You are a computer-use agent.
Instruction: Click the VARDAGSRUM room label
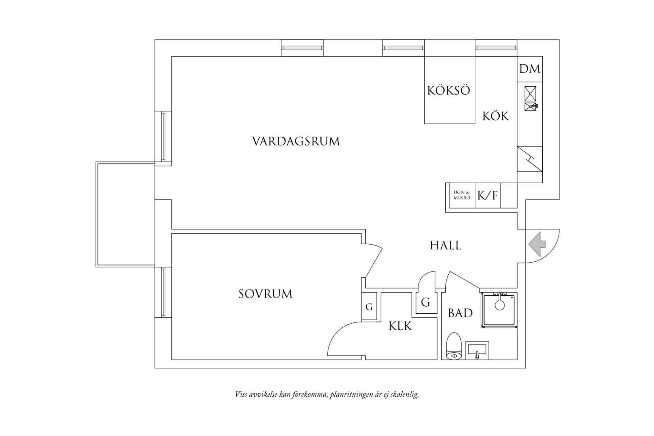click(x=296, y=141)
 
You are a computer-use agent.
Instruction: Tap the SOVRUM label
click(x=265, y=294)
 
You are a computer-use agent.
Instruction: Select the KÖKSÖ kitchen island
click(x=449, y=90)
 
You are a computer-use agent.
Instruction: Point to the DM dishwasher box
click(x=530, y=69)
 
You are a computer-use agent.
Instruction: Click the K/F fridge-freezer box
click(x=488, y=195)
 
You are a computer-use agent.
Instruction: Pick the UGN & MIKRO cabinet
click(x=462, y=195)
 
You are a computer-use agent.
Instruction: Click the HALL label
click(x=445, y=245)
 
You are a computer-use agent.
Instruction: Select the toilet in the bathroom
click(x=453, y=346)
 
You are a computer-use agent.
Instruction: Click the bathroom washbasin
click(x=477, y=350)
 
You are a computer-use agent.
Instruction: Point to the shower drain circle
click(x=499, y=305)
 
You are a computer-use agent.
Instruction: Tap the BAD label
click(x=460, y=313)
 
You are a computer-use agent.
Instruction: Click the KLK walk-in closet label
click(x=400, y=326)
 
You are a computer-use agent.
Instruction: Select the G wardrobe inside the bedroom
click(x=369, y=307)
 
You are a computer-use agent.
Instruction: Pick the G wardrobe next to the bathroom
click(x=425, y=303)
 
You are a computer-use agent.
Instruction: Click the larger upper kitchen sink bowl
click(x=530, y=93)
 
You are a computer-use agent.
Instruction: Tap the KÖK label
click(x=496, y=116)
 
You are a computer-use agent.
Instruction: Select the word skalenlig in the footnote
click(x=405, y=395)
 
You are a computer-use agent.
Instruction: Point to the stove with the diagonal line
click(x=529, y=159)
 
